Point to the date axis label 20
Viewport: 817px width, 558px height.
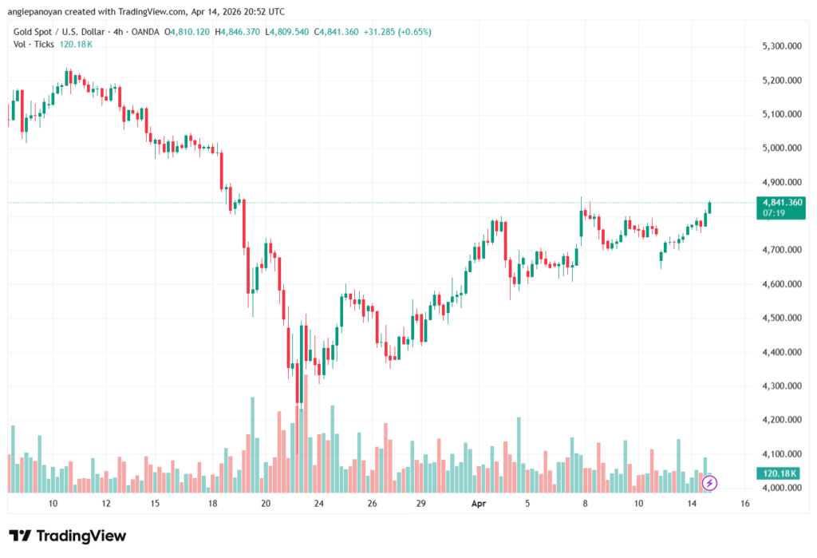[x=266, y=505]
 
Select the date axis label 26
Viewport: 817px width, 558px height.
[x=372, y=505]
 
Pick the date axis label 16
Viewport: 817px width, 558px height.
[x=744, y=505]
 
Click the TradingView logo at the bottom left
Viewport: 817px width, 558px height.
[x=68, y=536]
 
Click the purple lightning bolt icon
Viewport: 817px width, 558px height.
[x=709, y=483]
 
